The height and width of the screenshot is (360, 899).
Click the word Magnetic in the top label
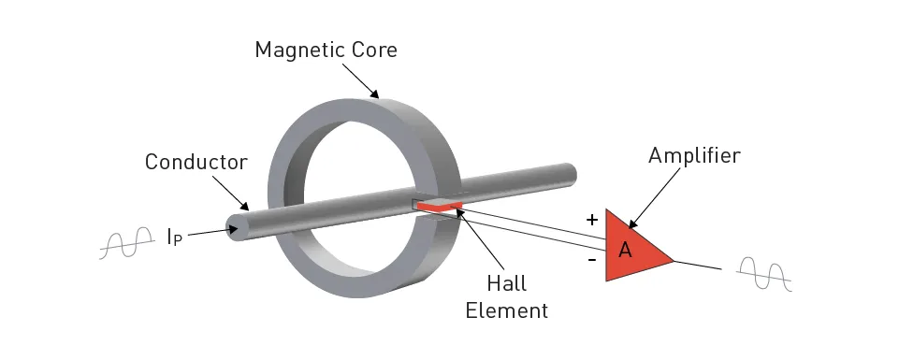pos(294,50)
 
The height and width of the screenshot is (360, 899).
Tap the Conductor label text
pos(196,162)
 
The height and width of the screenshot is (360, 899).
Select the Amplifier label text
pos(694,156)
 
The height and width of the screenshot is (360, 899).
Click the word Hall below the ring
pos(506,281)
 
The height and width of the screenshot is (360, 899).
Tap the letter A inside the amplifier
pos(626,250)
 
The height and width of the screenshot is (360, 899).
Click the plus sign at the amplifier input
pos(591,220)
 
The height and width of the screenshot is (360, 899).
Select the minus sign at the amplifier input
pos(591,260)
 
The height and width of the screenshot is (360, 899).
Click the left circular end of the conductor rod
pos(235,226)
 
